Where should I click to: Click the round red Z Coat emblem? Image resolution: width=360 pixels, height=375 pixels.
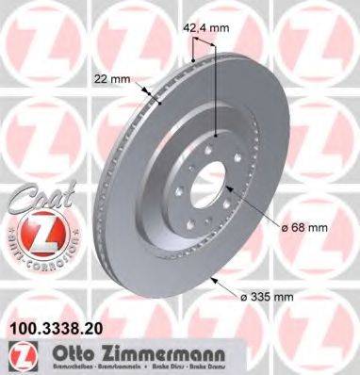point(39,235)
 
